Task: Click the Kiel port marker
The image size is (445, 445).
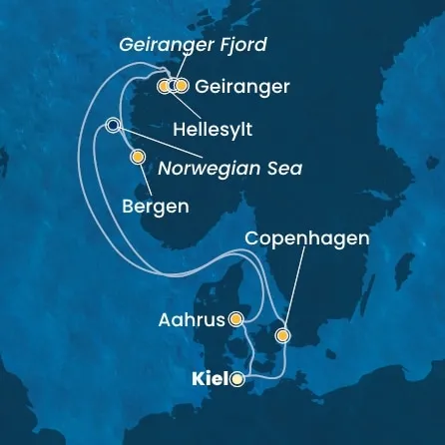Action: point(236,379)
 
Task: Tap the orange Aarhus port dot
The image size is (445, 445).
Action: point(236,319)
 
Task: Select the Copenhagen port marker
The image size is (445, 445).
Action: point(284,335)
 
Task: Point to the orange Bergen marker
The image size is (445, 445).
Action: point(138,156)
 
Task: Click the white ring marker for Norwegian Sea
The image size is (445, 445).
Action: point(113,125)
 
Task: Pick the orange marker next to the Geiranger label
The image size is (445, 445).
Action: point(182,87)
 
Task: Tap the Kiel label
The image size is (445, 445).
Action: point(210,379)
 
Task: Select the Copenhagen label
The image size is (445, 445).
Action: point(306,239)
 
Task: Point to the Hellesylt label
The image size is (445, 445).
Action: point(214,130)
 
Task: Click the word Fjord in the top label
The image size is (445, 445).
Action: point(241,45)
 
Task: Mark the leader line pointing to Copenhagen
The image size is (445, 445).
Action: point(298,289)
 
